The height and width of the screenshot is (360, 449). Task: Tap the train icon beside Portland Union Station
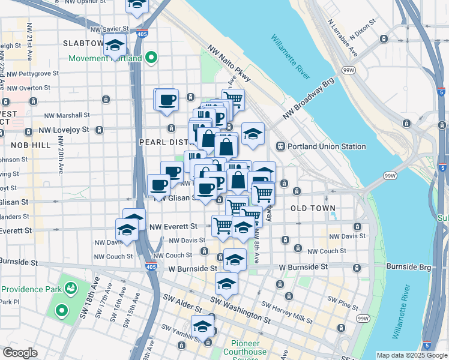click(280, 146)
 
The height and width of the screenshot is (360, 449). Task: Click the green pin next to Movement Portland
click(152, 58)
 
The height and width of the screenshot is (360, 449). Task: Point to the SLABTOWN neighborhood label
click(83, 44)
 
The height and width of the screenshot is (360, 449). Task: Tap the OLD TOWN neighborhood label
click(312, 208)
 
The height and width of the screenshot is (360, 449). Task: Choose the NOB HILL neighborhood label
click(31, 145)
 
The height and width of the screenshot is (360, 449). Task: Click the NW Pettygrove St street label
click(29, 73)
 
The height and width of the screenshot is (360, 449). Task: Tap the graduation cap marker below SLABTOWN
click(113, 46)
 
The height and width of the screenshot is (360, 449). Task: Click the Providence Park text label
click(29, 289)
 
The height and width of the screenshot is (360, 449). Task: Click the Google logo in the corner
click(20, 353)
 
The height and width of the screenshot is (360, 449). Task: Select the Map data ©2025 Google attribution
click(412, 355)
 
